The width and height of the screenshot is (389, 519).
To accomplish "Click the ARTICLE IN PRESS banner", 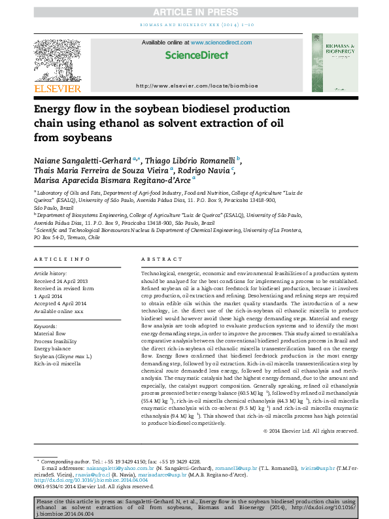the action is pos(194,12).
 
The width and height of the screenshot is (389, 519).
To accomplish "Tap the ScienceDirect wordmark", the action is pos(194,56).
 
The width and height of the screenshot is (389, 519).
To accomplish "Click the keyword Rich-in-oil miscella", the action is pos(58,363).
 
